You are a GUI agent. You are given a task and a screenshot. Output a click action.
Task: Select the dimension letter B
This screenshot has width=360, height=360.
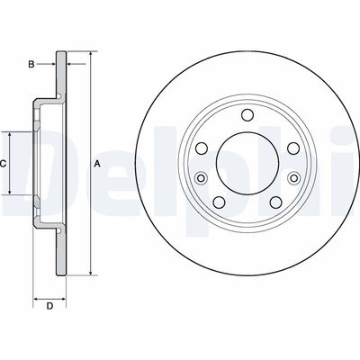coord(31,64)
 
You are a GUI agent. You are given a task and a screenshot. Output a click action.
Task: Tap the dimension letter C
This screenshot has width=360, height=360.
coord(4,163)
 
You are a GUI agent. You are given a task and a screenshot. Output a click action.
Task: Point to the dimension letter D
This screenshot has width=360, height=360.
coord(50,307)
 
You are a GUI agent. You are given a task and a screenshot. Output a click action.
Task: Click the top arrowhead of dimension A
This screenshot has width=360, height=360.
coord(91,57)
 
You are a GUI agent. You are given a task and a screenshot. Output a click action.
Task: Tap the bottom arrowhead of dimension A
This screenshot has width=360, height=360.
coord(91,271)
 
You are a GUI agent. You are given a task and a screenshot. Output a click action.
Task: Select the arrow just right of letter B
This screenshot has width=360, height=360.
coord(49,64)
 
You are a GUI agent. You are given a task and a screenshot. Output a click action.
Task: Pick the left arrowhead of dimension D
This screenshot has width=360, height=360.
coord(37,295)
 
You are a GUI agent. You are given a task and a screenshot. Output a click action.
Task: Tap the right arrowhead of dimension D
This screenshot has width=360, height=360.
coord(64,295)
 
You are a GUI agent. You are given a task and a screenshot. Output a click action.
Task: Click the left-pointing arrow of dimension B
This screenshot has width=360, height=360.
coord(73,64)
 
